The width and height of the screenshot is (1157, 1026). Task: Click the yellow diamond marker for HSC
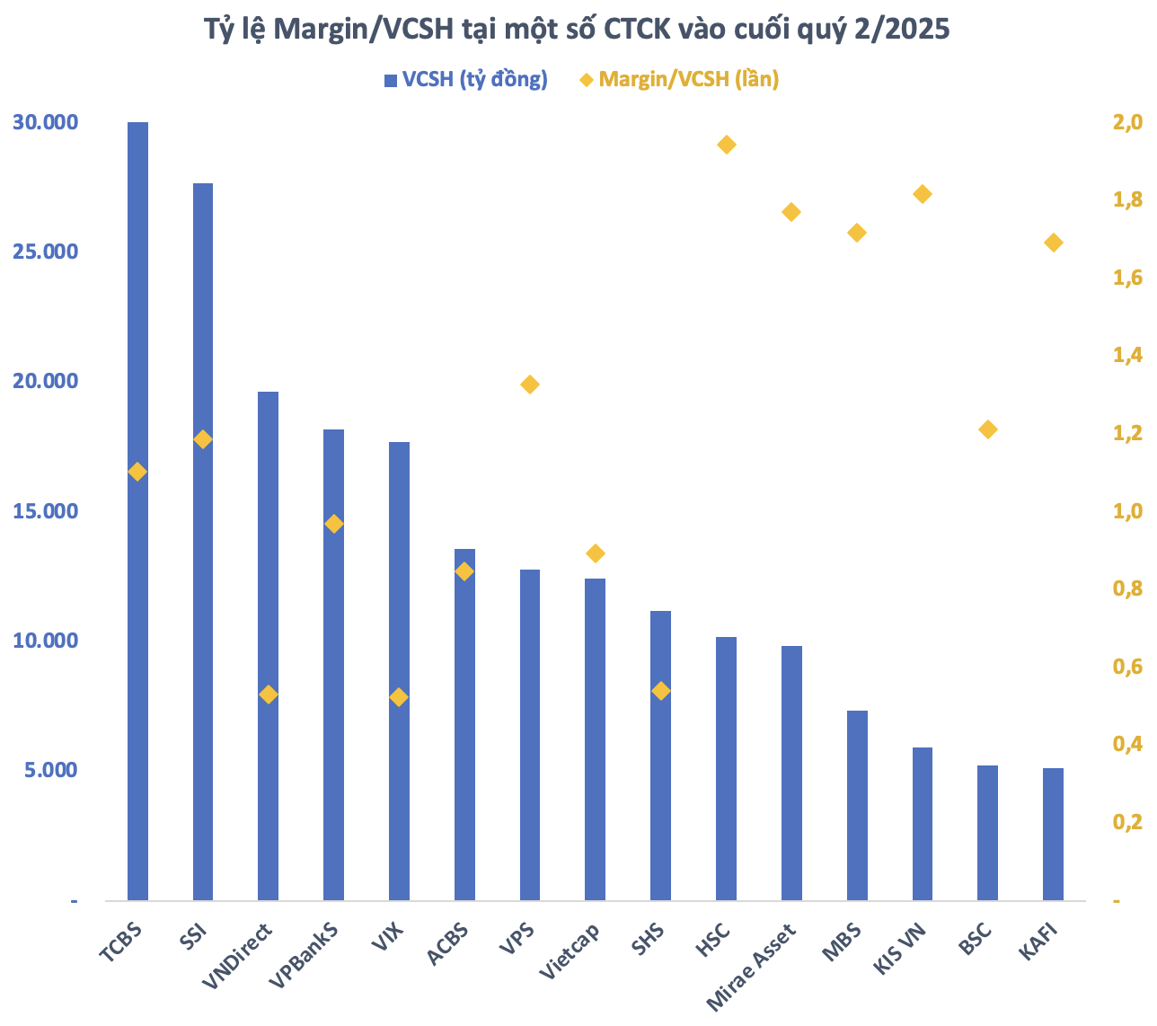coord(727,145)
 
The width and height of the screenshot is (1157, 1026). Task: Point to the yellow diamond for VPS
coord(530,385)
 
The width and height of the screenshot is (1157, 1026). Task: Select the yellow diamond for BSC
coord(988,429)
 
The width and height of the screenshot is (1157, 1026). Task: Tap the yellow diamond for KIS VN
coord(923,194)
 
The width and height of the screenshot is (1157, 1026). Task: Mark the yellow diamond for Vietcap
coord(596,553)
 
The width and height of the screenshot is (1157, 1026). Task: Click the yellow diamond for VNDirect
coord(268,694)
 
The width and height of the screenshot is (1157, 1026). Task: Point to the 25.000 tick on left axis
coord(44,252)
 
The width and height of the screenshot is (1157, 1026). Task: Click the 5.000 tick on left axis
coord(50,770)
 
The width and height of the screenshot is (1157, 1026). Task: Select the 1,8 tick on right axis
coord(1127,200)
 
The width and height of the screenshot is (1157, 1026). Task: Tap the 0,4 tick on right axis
coord(1127,744)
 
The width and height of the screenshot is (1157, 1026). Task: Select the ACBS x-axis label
coord(447,943)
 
